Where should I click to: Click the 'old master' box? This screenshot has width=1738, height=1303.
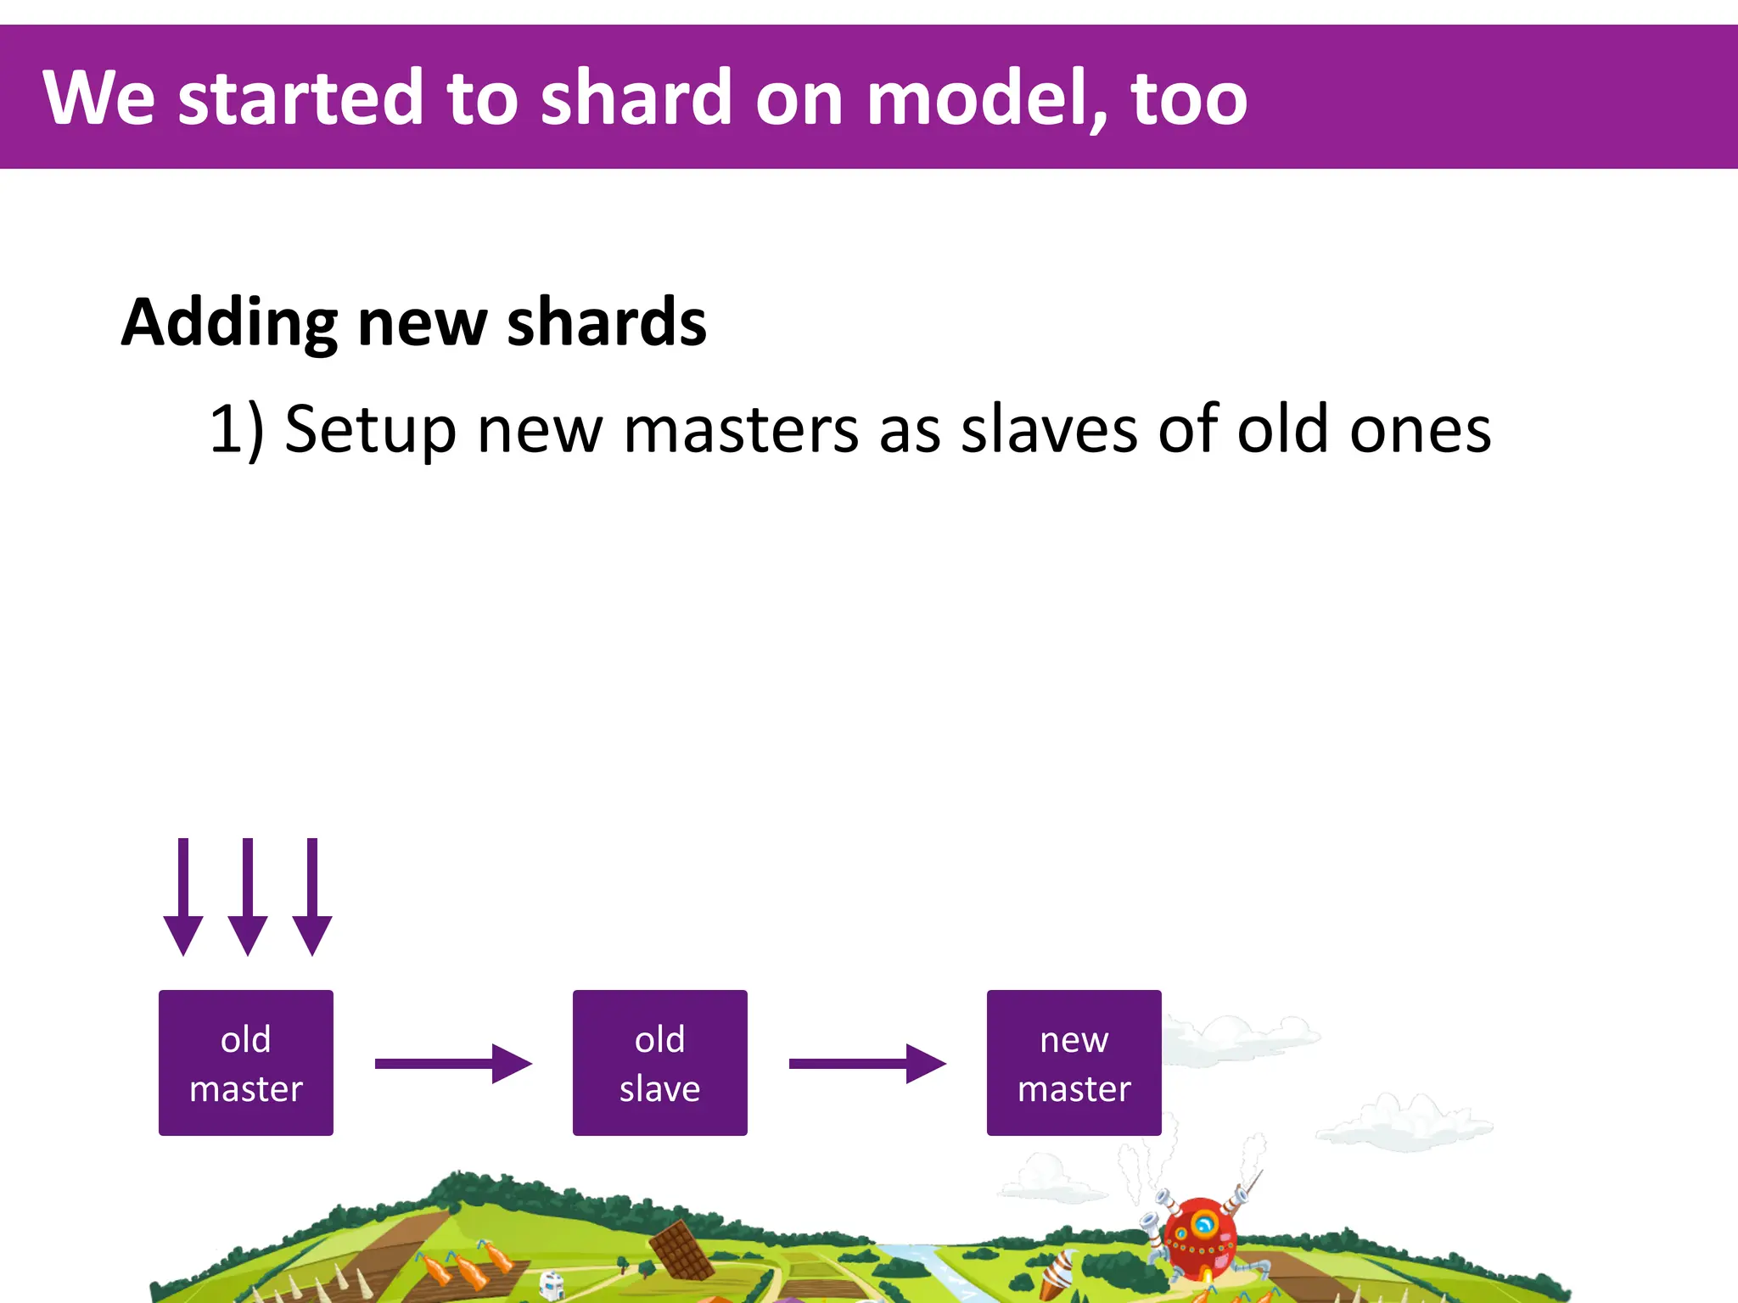point(246,1063)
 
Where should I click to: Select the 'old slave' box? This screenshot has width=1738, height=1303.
point(659,1063)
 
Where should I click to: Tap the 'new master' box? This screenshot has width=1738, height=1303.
point(1074,1063)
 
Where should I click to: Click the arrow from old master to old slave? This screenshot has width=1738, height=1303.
point(452,1064)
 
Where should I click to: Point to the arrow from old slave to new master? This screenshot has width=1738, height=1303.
point(866,1064)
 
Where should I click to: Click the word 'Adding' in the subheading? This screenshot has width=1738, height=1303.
point(229,324)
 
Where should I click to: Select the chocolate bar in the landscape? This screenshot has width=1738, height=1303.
point(681,1249)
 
